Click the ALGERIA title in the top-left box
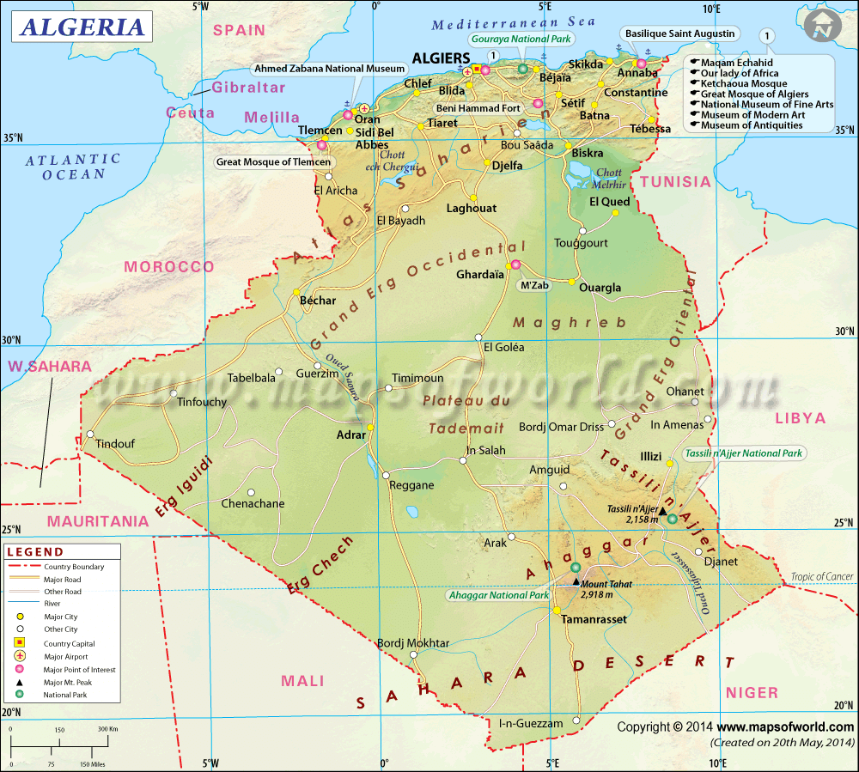[82, 27]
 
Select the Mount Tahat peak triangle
[576, 581]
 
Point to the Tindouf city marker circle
[90, 435]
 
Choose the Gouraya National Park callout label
[521, 39]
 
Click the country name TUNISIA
[675, 182]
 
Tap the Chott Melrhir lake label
[609, 179]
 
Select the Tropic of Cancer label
[819, 576]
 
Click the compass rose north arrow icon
[825, 27]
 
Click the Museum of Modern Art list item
[752, 115]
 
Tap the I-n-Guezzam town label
[531, 724]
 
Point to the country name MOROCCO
[169, 267]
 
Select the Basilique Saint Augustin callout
[680, 33]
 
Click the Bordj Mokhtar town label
[413, 643]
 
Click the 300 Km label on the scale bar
[107, 730]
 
